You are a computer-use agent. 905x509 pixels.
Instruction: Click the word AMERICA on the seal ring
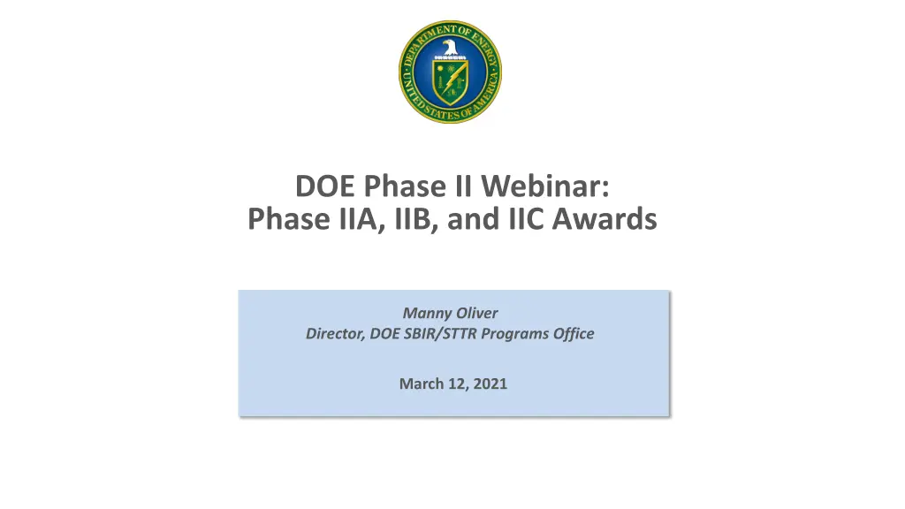tap(482, 103)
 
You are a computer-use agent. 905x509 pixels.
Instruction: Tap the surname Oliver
tap(476, 312)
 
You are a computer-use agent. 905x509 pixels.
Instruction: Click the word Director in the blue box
tap(333, 333)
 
